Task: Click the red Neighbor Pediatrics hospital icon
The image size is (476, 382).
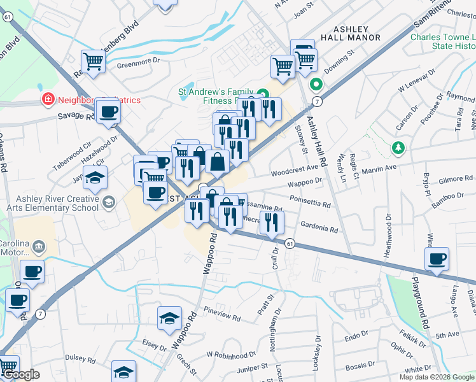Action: (x=47, y=99)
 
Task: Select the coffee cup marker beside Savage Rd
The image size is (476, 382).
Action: (x=107, y=113)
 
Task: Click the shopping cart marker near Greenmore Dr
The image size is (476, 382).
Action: (x=93, y=62)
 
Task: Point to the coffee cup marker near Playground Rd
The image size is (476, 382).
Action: (x=437, y=259)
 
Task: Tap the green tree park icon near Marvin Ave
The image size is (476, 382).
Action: (x=398, y=148)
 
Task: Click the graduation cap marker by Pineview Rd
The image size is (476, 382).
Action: (x=169, y=318)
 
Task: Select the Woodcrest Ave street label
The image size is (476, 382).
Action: (x=293, y=169)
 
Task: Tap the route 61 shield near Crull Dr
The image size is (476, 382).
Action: (x=290, y=244)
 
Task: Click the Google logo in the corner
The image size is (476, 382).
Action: (x=21, y=374)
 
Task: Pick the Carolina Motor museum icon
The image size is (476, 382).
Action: (x=38, y=246)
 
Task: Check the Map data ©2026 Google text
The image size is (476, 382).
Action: (x=436, y=377)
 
